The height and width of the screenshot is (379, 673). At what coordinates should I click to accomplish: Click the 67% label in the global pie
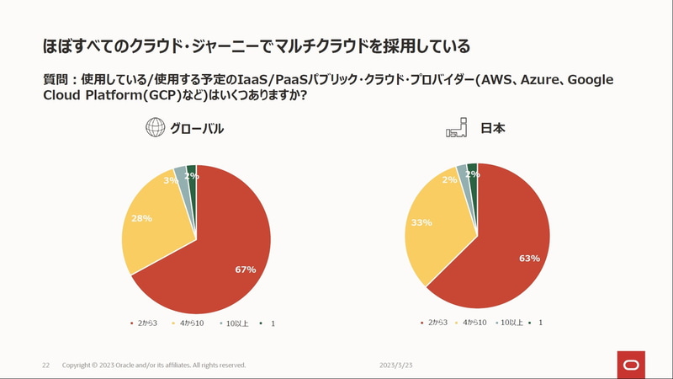click(246, 270)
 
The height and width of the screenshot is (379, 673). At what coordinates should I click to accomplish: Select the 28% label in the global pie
click(141, 218)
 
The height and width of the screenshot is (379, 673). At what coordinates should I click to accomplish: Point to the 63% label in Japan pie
click(529, 259)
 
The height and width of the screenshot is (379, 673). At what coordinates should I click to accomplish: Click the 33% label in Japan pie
click(421, 222)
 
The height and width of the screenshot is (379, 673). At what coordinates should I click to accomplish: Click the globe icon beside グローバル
click(155, 128)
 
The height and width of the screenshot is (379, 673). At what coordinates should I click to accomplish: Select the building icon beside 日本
click(456, 128)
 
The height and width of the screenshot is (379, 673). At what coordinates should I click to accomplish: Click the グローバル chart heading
click(197, 129)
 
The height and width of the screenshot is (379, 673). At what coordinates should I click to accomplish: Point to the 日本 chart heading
click(492, 129)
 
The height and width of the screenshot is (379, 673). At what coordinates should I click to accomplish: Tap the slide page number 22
click(46, 366)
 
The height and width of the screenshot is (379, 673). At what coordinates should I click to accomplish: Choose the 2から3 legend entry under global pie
click(146, 323)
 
